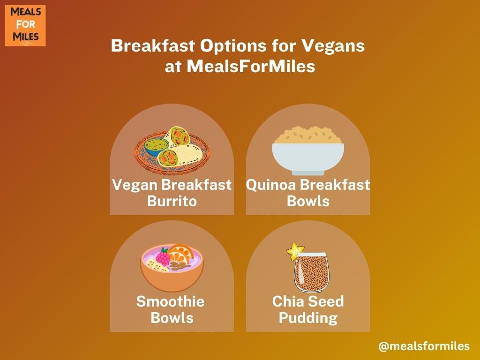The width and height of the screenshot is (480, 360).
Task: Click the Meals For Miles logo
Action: (x=25, y=26)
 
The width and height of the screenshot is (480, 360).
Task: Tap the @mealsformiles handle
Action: (x=424, y=346)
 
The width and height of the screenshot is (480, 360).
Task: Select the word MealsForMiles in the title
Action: (x=251, y=66)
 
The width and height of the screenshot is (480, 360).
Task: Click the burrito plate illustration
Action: (x=172, y=150)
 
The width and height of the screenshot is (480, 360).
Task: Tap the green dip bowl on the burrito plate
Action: (x=157, y=146)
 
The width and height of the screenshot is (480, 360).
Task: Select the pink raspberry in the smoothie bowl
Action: (x=163, y=257)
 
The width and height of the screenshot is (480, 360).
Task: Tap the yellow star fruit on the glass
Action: (x=295, y=251)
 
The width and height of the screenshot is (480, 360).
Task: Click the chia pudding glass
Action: (x=311, y=272)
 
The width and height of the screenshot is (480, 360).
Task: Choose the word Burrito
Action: (x=172, y=202)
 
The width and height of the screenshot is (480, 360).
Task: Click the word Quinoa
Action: (x=271, y=185)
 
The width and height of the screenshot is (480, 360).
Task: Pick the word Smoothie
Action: (x=171, y=301)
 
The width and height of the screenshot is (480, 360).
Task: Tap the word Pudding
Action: (x=308, y=318)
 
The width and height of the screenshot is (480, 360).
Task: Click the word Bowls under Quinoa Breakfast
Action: (x=308, y=202)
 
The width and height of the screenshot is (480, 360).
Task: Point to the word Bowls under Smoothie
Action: (x=172, y=318)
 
